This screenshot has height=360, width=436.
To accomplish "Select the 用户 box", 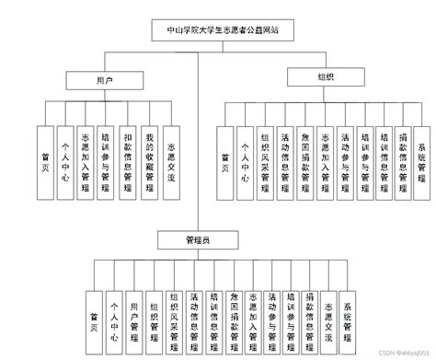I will [105, 81].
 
